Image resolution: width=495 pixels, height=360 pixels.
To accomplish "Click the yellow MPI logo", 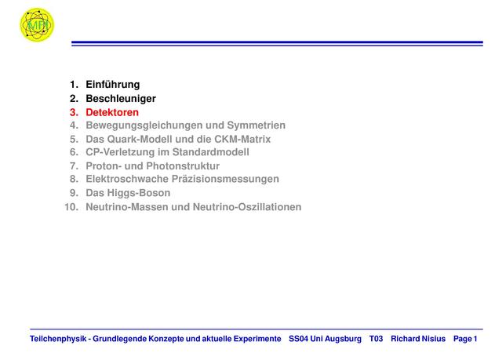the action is (x=37, y=24).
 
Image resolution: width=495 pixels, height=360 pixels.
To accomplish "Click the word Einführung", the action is (x=113, y=85).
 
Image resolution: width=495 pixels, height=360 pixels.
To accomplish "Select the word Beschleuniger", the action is (x=121, y=99).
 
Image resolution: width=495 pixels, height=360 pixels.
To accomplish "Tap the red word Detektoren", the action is (x=112, y=112).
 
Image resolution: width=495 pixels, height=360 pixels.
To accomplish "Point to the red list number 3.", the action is (x=74, y=112).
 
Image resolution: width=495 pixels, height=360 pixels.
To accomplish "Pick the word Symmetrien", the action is (x=257, y=125).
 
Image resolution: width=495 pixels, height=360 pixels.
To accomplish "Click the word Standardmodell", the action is (x=210, y=152).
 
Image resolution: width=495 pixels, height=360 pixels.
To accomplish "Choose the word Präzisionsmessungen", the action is (x=225, y=179).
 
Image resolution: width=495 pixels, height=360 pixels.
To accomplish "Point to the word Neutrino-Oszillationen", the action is (x=247, y=207).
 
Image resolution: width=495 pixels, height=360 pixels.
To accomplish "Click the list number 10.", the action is (x=71, y=207).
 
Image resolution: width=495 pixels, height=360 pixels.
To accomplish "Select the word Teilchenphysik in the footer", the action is (x=58, y=339).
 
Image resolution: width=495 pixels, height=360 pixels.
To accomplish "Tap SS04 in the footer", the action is (x=298, y=339).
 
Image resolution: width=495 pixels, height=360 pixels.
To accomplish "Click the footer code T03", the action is (x=376, y=339).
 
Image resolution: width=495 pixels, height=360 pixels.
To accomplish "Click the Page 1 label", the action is (x=465, y=339).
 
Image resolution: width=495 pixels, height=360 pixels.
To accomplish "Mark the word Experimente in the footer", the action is (x=257, y=339).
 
